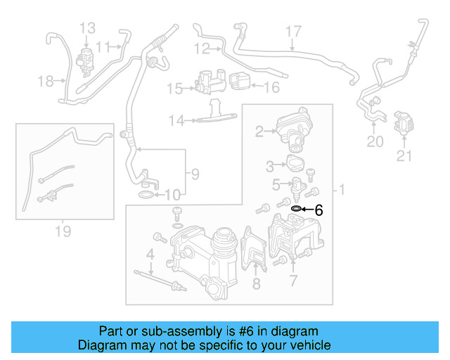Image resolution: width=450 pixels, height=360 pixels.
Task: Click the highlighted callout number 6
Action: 319,210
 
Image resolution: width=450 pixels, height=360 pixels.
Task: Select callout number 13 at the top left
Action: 87,28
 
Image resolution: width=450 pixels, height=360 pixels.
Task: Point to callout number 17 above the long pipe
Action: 293,32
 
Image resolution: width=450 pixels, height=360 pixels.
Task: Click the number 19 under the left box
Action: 63,231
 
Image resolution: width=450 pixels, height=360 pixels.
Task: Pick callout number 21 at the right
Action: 404,156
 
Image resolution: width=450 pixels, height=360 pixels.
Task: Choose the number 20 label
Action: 375,141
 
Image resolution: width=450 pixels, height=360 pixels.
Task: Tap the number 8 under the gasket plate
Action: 256,283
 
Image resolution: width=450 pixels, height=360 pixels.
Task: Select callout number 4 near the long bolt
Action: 150,253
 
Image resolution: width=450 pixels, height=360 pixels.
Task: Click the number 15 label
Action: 174,89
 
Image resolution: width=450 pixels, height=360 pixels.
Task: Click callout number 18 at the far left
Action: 46,82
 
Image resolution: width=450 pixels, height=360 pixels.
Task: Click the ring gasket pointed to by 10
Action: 146,193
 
